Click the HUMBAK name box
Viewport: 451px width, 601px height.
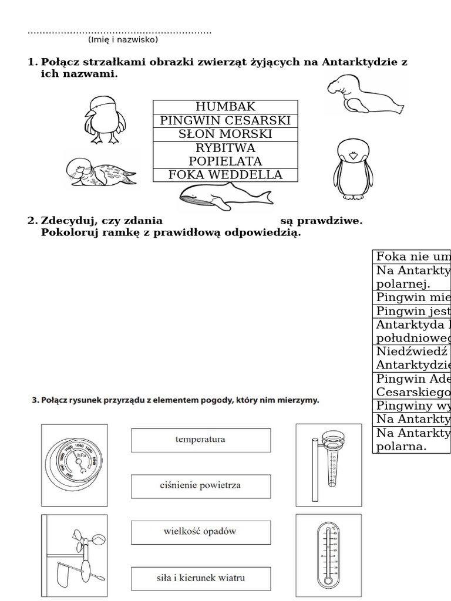click(x=225, y=107)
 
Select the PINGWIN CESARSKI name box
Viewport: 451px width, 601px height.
click(x=225, y=120)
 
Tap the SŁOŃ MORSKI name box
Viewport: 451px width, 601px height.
click(x=225, y=134)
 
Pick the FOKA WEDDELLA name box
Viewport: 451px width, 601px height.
click(x=225, y=175)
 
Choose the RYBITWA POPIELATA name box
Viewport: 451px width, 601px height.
click(x=225, y=154)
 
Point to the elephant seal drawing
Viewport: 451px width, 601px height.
click(x=364, y=94)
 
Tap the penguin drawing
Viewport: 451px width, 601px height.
click(x=354, y=169)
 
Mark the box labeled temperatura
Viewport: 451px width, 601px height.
click(x=200, y=440)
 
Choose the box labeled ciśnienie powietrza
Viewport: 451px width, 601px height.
click(x=200, y=486)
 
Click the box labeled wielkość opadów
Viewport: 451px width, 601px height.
click(x=200, y=532)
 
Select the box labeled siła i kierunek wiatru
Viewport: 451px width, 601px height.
click(x=200, y=578)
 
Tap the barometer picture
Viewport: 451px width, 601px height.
click(x=75, y=465)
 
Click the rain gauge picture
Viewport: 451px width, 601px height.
click(x=328, y=465)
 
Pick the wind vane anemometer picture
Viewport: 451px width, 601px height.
click(x=75, y=555)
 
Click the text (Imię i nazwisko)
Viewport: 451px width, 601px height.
click(x=123, y=40)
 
